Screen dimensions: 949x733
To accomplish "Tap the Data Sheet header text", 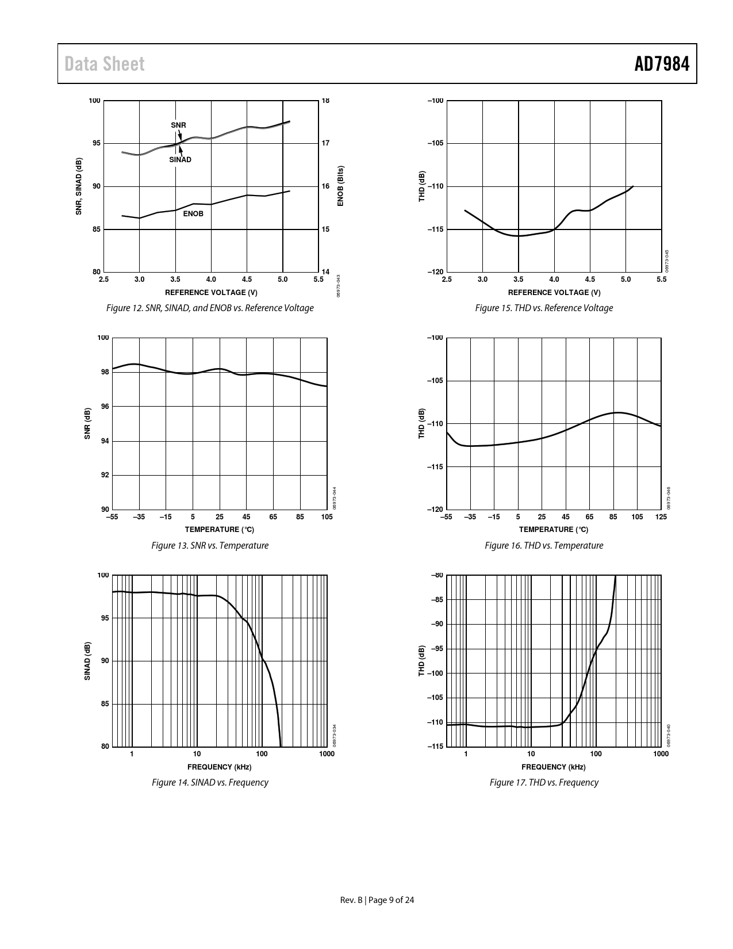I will coord(105,64).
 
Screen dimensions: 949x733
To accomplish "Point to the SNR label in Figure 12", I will coord(178,125).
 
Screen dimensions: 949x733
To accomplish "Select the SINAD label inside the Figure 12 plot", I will coord(180,160).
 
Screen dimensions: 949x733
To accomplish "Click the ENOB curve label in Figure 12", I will coord(193,213).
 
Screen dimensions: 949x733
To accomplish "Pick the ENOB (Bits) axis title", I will coord(340,186).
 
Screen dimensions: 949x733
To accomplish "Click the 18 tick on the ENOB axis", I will coord(325,101).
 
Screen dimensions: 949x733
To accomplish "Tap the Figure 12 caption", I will coord(210,308).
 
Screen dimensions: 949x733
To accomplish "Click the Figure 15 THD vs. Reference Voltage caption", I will coord(544,308).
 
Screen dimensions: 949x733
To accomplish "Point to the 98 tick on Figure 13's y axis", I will coord(104,372).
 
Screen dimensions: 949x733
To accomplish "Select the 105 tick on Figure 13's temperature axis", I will coord(327,517).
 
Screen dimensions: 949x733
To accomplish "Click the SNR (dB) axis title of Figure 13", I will coord(88,424).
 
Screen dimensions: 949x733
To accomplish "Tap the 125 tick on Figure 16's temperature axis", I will coord(661,517).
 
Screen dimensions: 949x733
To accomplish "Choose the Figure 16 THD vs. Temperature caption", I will coord(544,545).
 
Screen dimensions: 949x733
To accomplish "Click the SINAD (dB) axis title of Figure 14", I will coord(88,661).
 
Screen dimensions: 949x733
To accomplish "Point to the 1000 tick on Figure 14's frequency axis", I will coord(327,754).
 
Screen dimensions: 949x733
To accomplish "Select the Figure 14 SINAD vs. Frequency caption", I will coord(210,782).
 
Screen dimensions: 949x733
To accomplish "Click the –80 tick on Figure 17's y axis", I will coord(437,575).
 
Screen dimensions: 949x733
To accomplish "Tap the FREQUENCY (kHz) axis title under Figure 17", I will coord(553,767).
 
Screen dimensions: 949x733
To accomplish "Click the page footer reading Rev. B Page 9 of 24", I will coord(377,900).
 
